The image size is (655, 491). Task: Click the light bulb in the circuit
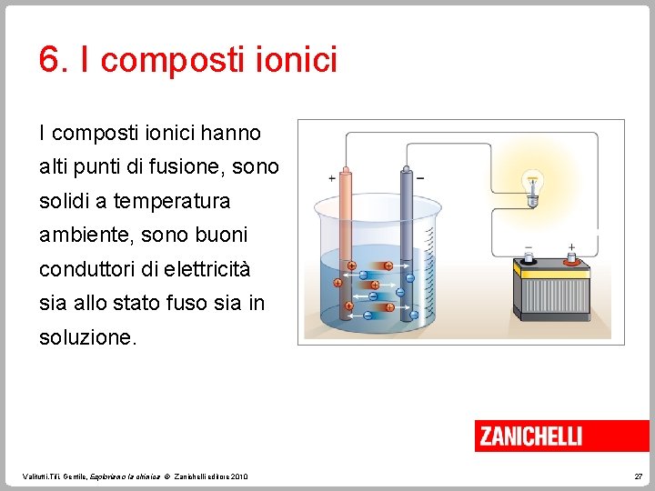pyautogui.click(x=533, y=185)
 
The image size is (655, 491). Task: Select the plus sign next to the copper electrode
pyautogui.click(x=331, y=178)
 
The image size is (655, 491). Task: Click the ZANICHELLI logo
pyautogui.click(x=530, y=436)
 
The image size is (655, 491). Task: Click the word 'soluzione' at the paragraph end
pyautogui.click(x=86, y=337)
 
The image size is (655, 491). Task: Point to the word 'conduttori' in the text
pyautogui.click(x=85, y=270)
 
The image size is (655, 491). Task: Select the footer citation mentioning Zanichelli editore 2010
pyautogui.click(x=135, y=476)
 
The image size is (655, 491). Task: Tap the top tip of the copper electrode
pyautogui.click(x=345, y=170)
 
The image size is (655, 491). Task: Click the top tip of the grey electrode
pyautogui.click(x=406, y=170)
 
